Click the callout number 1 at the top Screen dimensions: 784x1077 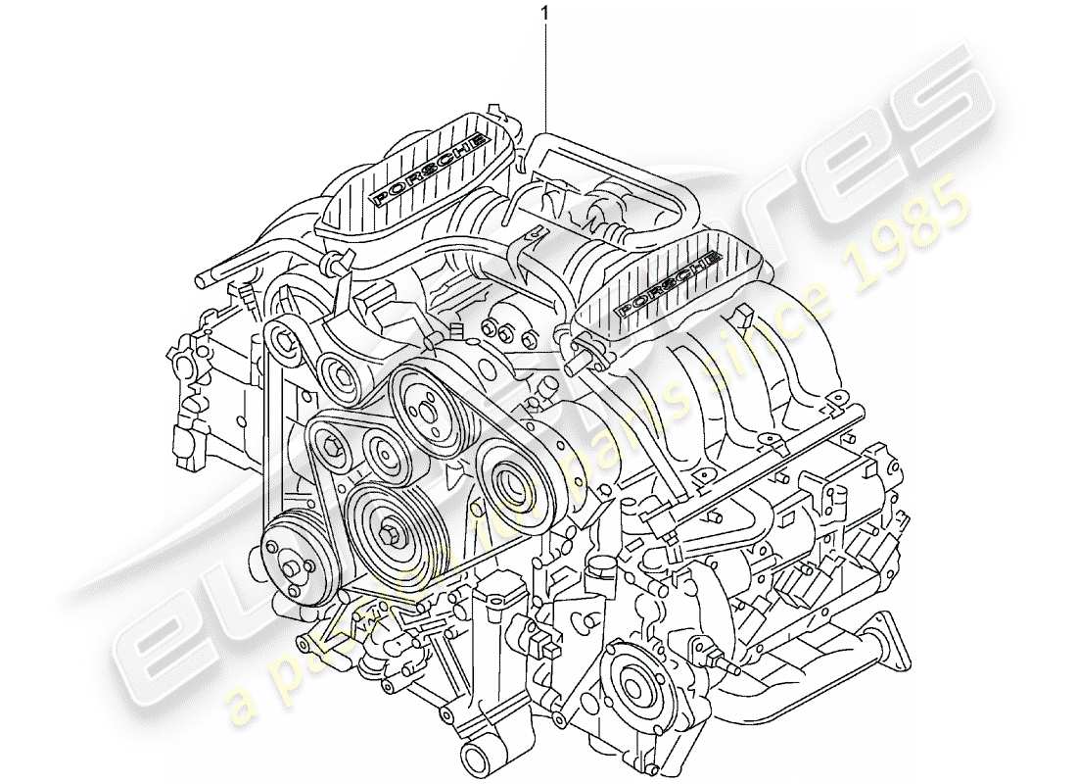tap(544, 14)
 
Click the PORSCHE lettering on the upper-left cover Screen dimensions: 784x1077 tap(429, 168)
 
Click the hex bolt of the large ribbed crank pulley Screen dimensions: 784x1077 tap(394, 534)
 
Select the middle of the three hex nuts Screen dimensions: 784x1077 tap(507, 334)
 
